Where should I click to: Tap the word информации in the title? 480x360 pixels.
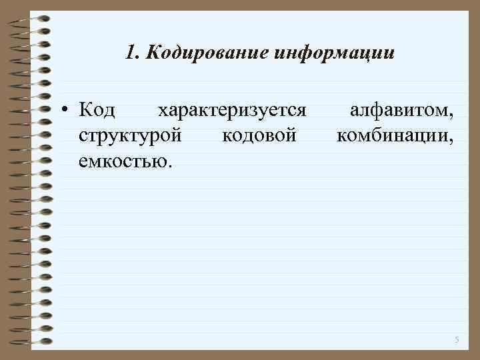click(334, 52)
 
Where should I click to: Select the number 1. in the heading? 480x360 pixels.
click(131, 51)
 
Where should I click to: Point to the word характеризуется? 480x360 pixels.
click(231, 109)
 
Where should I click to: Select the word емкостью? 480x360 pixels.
click(124, 161)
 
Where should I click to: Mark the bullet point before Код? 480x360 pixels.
click(68, 109)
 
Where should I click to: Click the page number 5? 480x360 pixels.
click(457, 340)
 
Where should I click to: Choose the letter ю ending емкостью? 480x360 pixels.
click(162, 162)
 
